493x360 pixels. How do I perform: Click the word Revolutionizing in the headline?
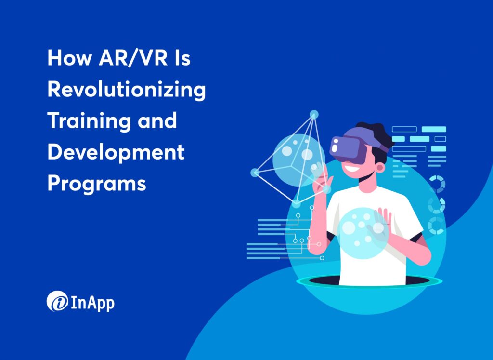pos(126,91)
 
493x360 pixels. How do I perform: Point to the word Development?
pos(116,152)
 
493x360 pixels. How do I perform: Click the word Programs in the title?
pos(96,183)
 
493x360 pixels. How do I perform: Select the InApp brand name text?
pos(93,303)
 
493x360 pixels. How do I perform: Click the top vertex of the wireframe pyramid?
pos(314,114)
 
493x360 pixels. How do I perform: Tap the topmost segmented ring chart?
pos(436,184)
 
